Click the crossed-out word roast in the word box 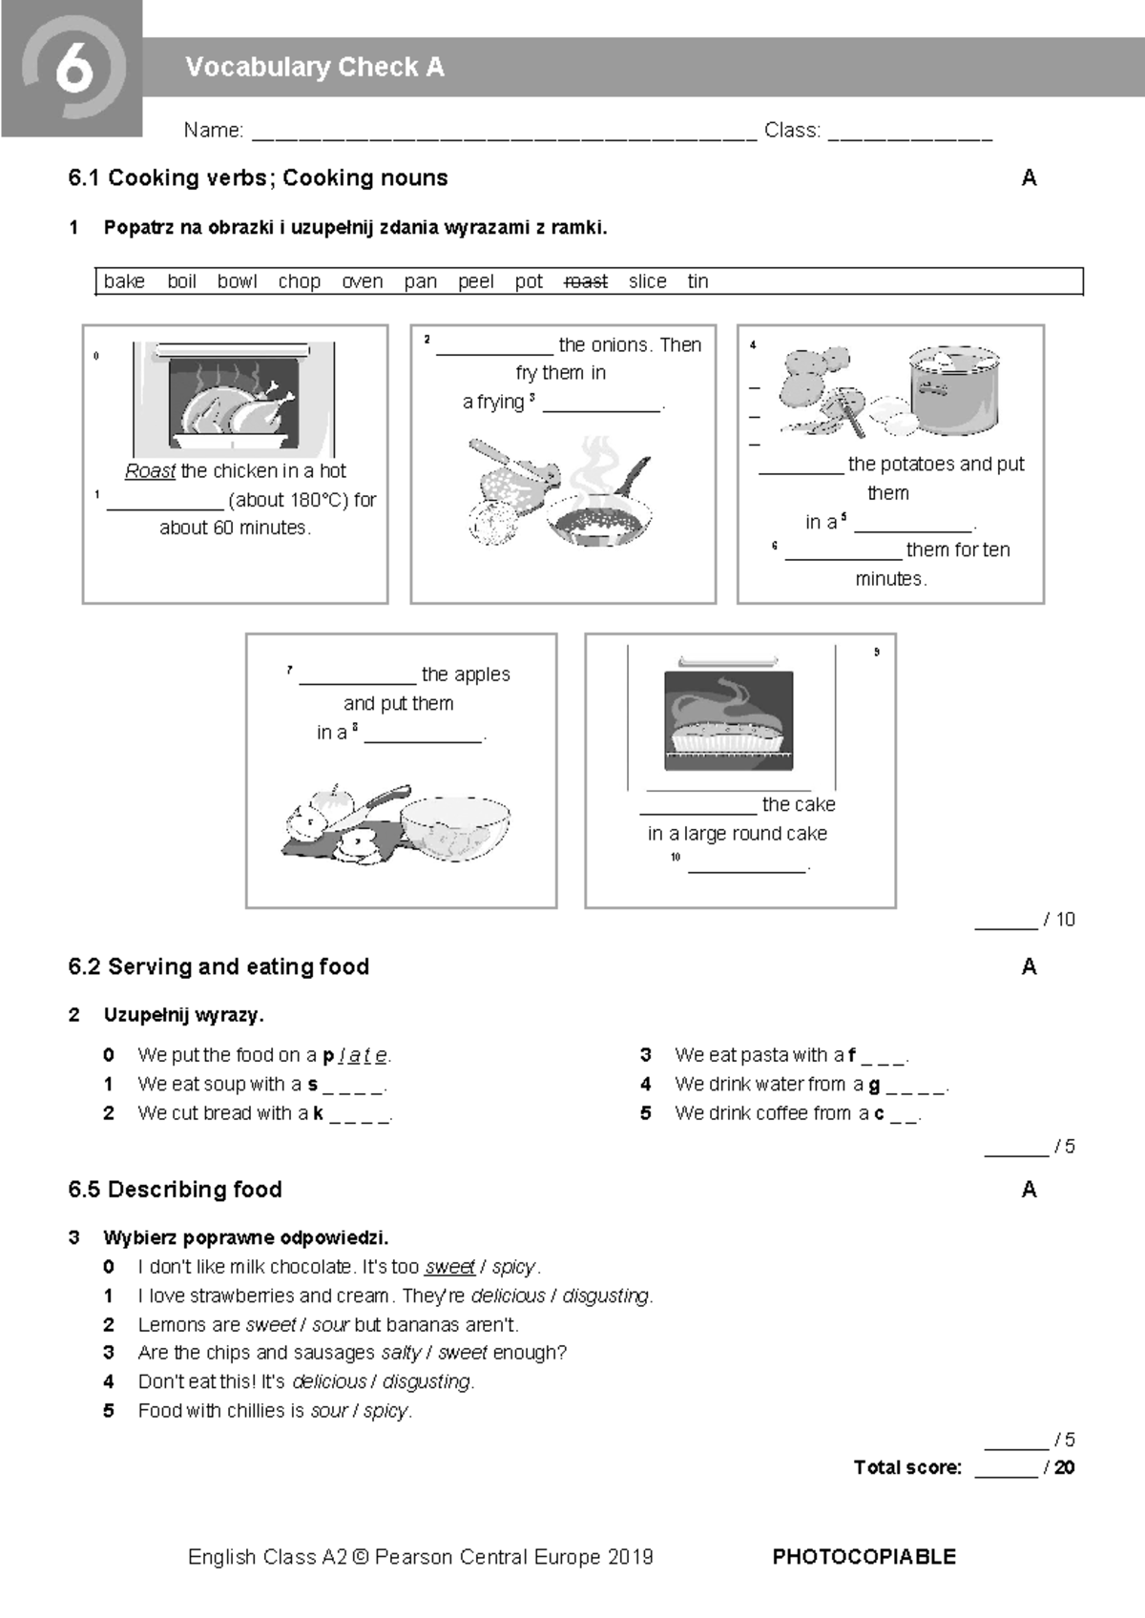coord(586,281)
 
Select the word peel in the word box coord(475,281)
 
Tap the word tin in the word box coord(697,281)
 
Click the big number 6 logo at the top coord(73,69)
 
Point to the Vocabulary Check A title coord(315,67)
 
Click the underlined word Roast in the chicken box coord(150,471)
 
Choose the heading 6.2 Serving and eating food coord(219,966)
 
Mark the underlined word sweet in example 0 coord(449,1267)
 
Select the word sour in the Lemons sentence coord(330,1324)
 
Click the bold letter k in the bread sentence coord(318,1112)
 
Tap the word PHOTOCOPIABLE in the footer coord(864,1557)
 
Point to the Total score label coord(907,1467)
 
